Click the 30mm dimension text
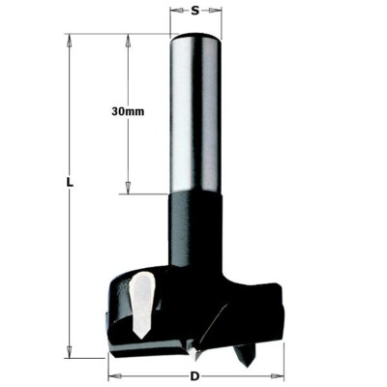click(x=128, y=113)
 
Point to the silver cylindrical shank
click(x=194, y=111)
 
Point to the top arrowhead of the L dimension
click(x=71, y=40)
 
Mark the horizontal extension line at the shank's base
click(x=145, y=193)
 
